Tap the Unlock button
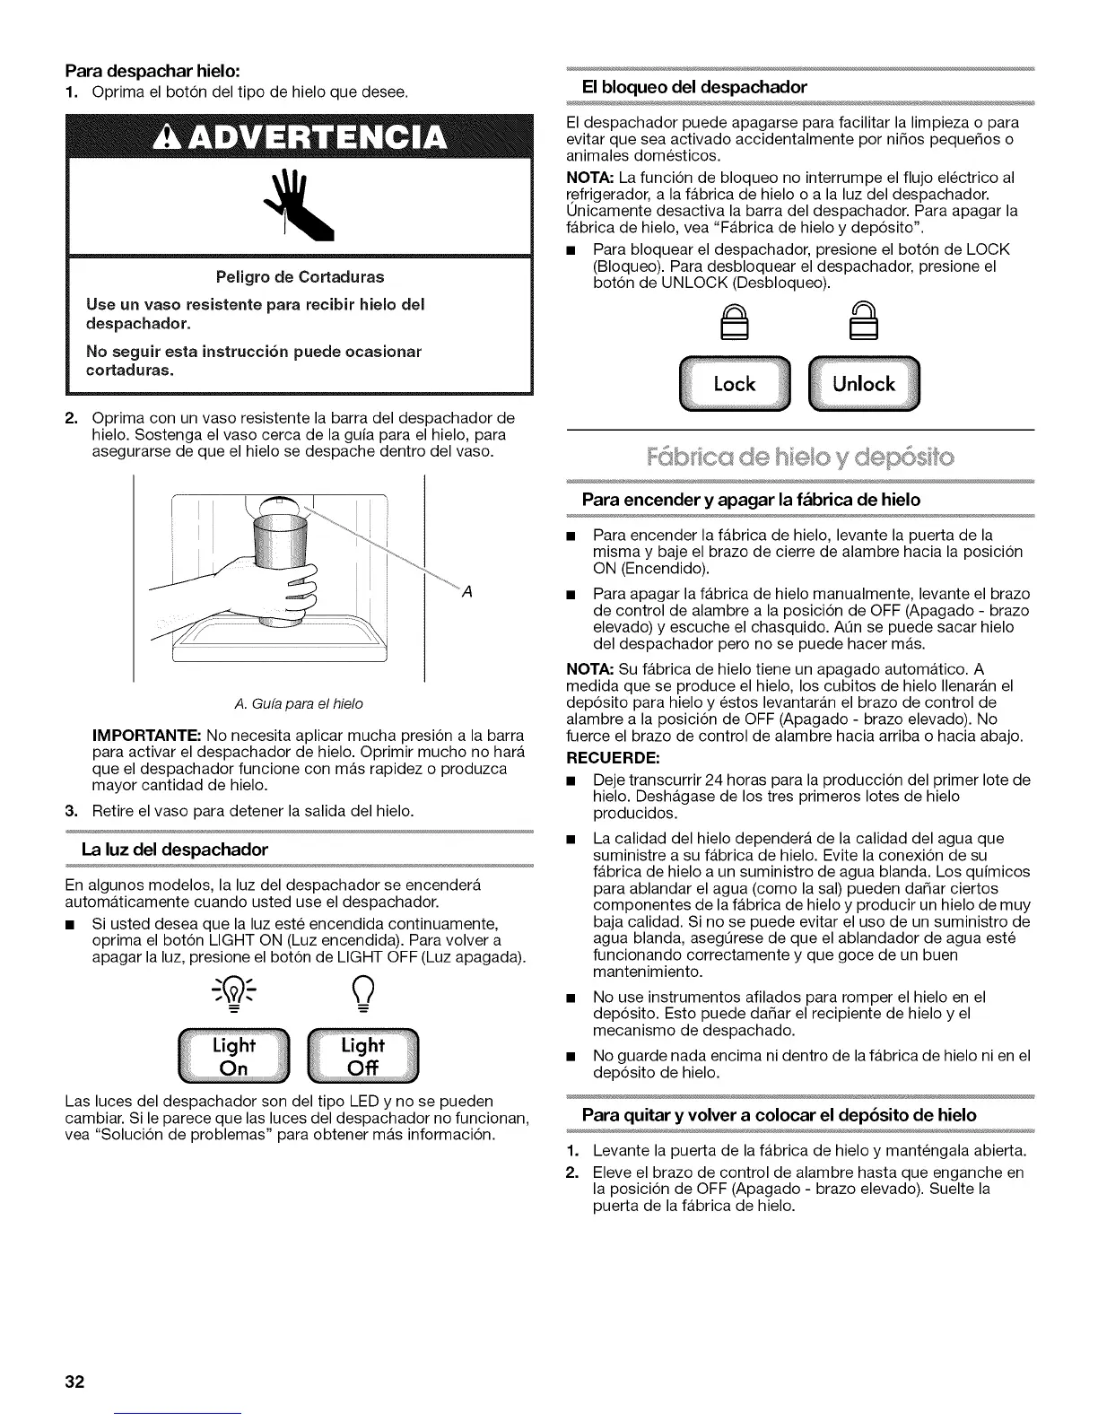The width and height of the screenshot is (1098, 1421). click(x=864, y=384)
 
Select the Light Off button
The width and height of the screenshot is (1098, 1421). click(x=362, y=1056)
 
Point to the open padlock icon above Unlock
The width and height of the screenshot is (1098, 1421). click(x=863, y=320)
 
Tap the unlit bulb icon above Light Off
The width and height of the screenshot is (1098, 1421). click(x=362, y=992)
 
